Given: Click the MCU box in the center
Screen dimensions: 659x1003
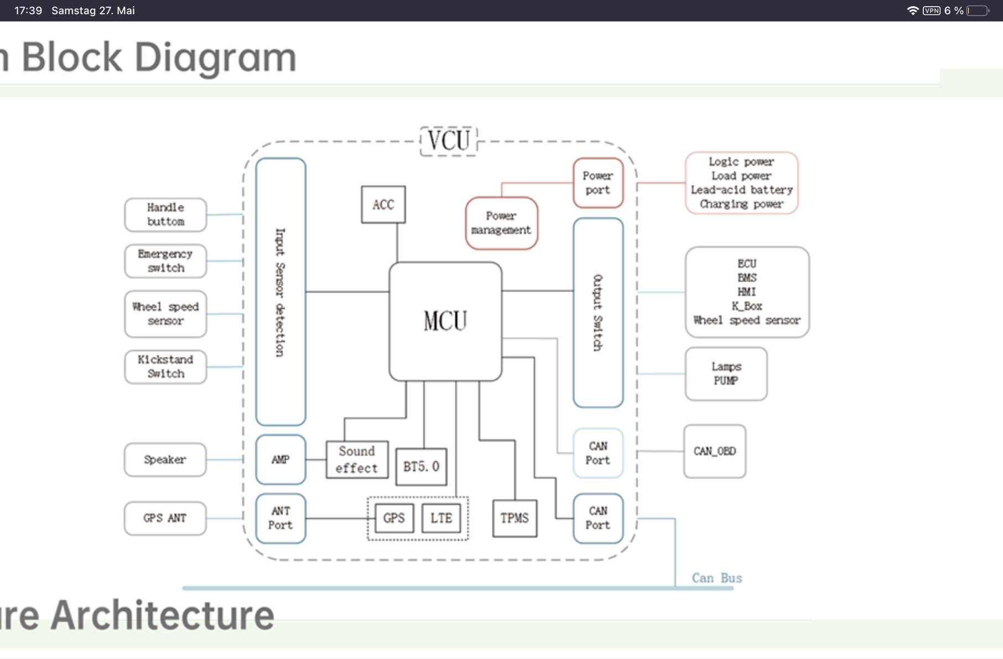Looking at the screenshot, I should (445, 321).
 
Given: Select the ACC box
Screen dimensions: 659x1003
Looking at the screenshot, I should (383, 205).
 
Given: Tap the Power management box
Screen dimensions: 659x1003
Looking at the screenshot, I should (501, 223).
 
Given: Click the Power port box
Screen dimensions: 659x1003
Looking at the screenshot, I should (598, 183).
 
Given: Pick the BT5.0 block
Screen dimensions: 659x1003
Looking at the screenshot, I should (421, 466).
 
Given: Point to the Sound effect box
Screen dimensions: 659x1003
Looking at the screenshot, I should (357, 460).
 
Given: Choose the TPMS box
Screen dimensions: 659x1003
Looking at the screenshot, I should (515, 518).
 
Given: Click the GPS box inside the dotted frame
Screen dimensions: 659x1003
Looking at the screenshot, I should (394, 518).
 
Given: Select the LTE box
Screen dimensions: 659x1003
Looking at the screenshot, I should (441, 518).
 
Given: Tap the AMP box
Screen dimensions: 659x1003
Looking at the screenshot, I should (280, 460).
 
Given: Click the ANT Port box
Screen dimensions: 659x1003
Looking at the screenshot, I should (280, 518).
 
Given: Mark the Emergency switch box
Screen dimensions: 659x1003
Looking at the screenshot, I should (165, 261).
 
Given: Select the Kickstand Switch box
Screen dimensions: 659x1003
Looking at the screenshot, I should (165, 367).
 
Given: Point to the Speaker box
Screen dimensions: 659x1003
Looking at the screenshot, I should (165, 460).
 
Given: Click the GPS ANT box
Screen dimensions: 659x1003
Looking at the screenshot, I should (165, 518).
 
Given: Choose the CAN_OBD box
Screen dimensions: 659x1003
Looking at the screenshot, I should (714, 452).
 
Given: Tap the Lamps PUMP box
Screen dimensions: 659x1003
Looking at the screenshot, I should (726, 374).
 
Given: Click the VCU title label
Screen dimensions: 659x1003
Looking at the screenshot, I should (449, 141).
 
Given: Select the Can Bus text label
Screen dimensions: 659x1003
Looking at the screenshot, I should (716, 578).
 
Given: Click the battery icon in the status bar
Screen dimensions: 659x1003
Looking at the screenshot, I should (978, 11).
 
